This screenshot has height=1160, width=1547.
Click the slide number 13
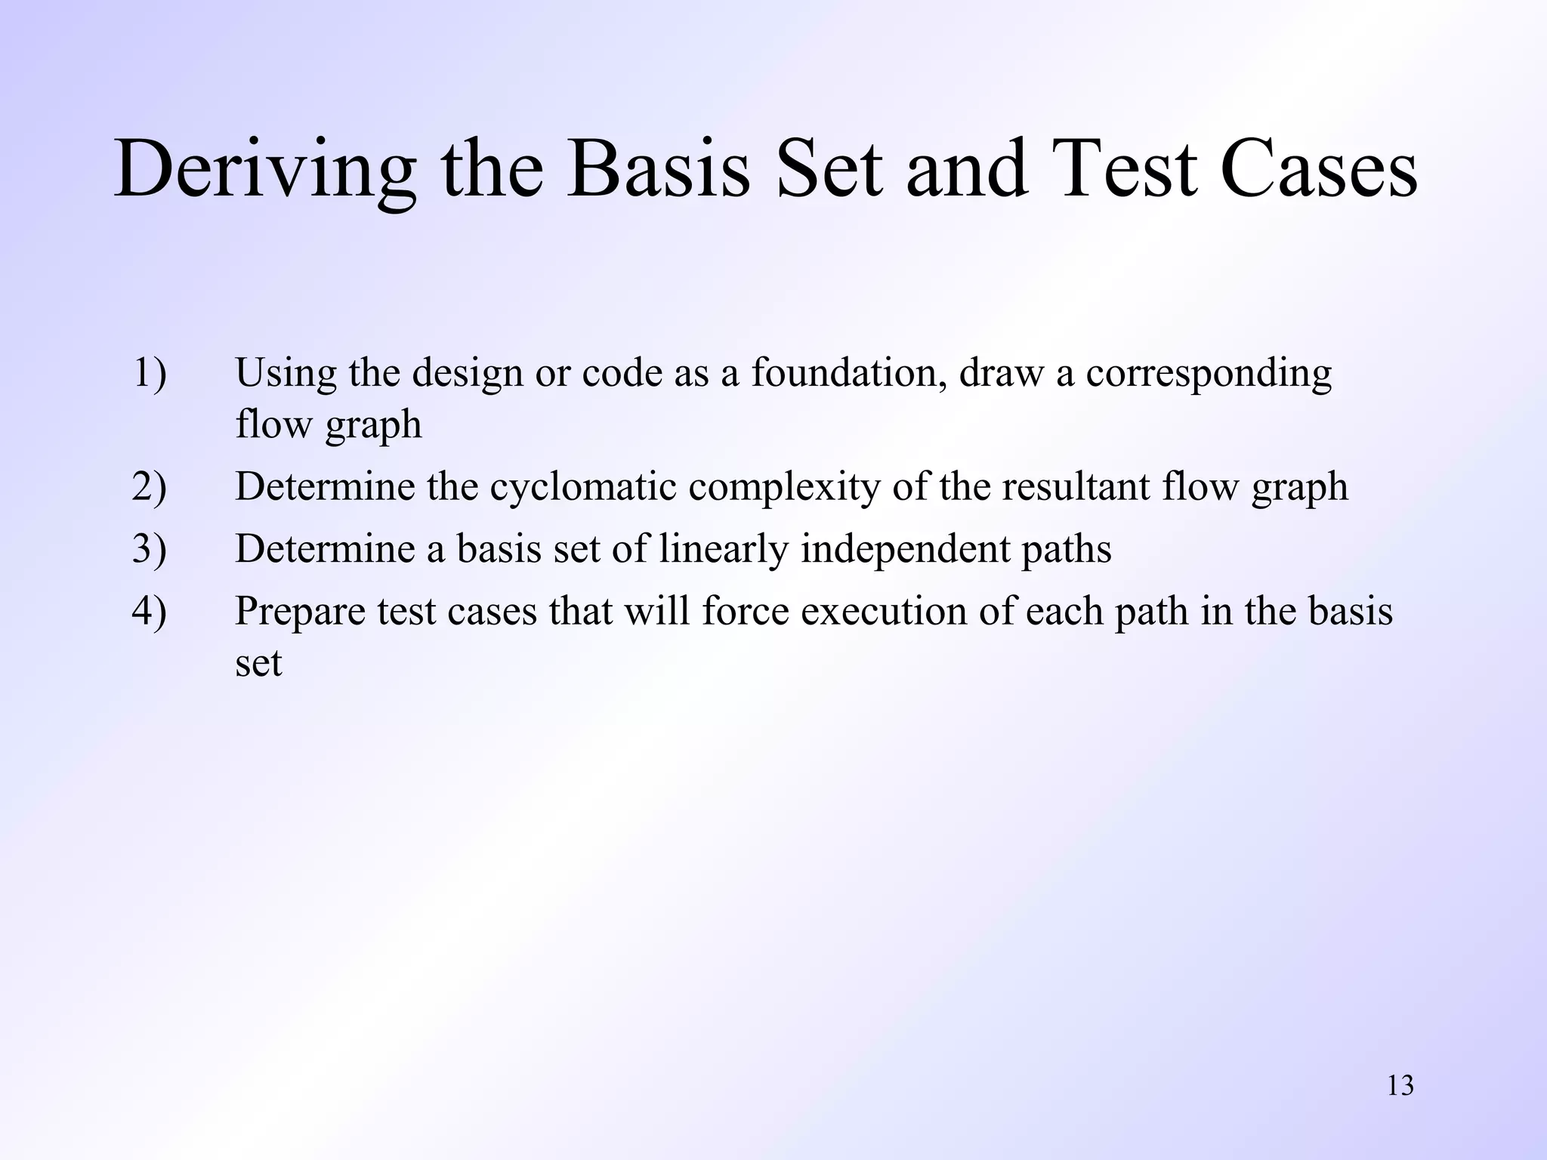coord(1400,1086)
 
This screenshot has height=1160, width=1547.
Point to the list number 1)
coord(150,373)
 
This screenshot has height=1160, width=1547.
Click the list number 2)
coord(150,486)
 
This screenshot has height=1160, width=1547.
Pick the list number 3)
coord(150,549)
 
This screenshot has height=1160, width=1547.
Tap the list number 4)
coord(150,611)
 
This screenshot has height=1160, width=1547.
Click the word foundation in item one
coord(849,373)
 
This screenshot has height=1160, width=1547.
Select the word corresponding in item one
coord(1209,375)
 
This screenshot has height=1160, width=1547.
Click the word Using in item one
coord(286,375)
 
